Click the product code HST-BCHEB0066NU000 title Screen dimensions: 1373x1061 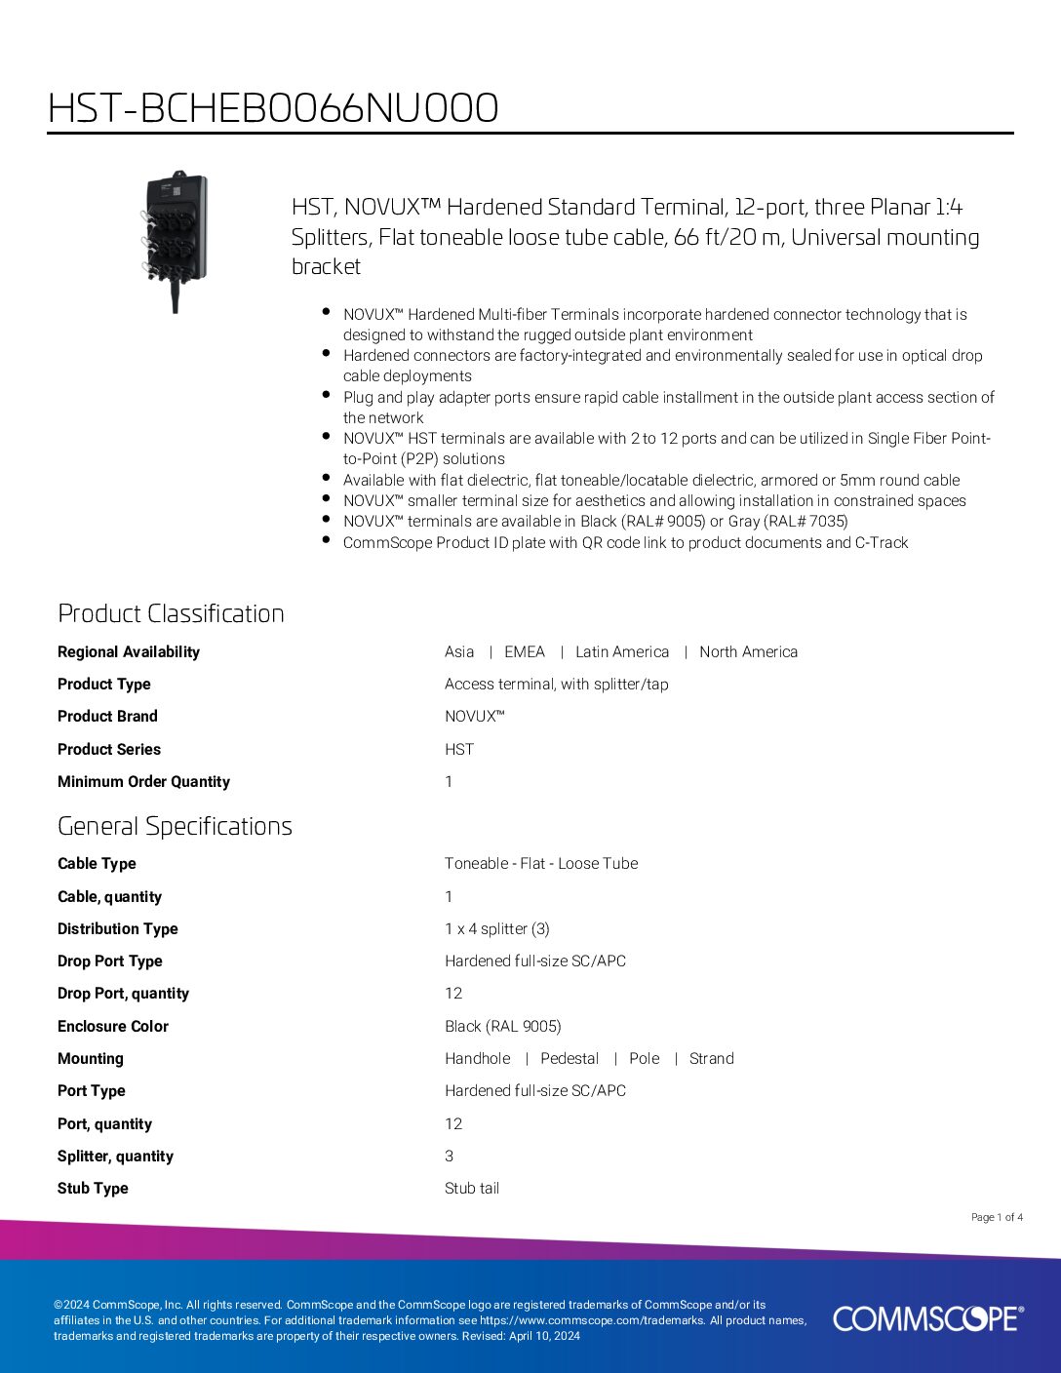click(273, 108)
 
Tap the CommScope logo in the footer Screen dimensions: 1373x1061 click(927, 1318)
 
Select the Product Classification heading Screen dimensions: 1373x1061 click(171, 613)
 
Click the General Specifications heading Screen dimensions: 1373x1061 click(175, 826)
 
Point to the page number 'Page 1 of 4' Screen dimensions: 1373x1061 click(997, 1217)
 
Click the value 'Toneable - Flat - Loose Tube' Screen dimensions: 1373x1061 click(541, 864)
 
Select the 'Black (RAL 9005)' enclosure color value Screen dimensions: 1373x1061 click(502, 1026)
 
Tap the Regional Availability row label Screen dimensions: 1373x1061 click(129, 652)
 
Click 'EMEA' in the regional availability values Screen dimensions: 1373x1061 click(525, 652)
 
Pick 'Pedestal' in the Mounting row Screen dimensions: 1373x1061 click(570, 1059)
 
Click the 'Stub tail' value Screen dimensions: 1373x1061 click(472, 1189)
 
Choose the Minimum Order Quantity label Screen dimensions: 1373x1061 click(143, 782)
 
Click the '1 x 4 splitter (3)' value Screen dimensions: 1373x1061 click(497, 929)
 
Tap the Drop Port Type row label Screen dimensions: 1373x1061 click(110, 961)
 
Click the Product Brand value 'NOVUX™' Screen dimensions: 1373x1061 click(474, 717)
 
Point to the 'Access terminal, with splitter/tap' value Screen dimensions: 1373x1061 click(557, 685)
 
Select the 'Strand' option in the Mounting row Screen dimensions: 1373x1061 click(712, 1059)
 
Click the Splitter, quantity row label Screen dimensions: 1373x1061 click(115, 1157)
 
